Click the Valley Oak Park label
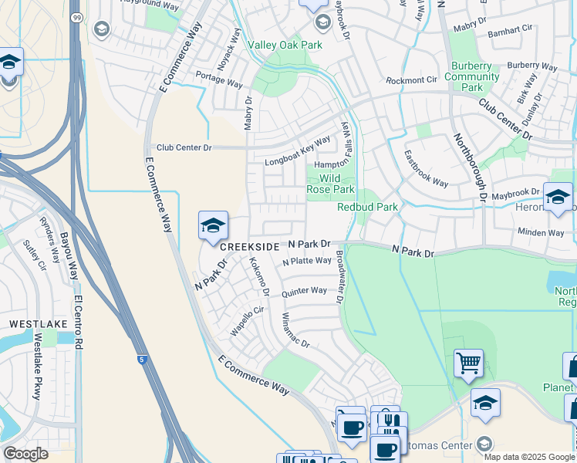[x=285, y=46]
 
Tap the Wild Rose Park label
[x=331, y=184]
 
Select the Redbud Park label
[x=367, y=207]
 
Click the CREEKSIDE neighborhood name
[x=249, y=246]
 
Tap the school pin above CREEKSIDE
[x=213, y=226]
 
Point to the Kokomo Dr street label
[x=258, y=277]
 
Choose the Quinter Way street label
[x=304, y=292]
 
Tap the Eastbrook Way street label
[x=426, y=168]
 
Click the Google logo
[x=25, y=454]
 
